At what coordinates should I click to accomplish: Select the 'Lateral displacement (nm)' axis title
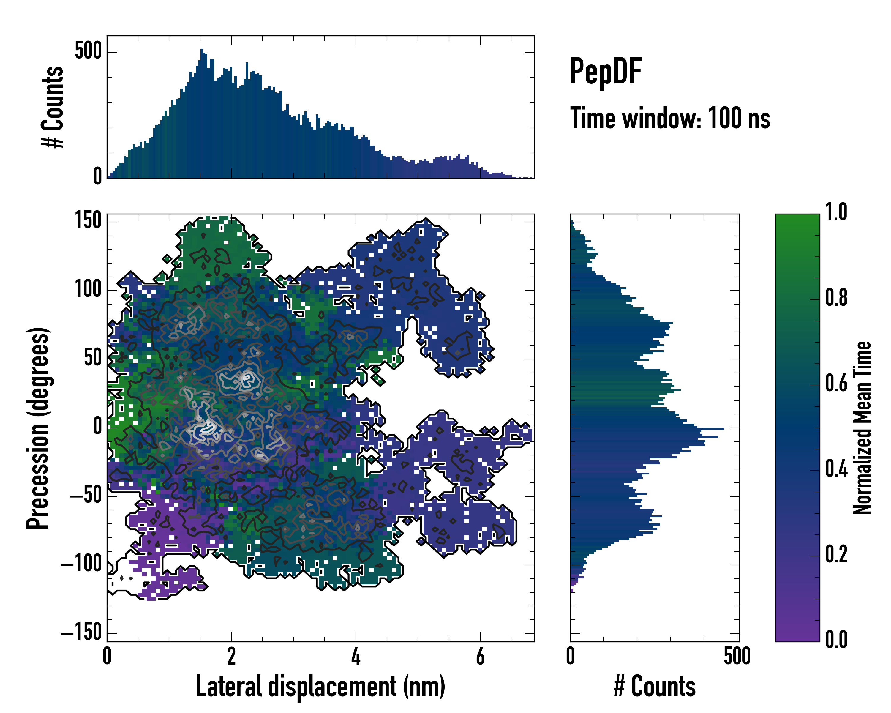320,687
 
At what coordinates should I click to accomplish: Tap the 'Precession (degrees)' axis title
38,428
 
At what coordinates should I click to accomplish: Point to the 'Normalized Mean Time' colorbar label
861,428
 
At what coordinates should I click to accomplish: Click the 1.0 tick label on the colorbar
836,212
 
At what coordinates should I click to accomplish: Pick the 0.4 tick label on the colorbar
836,470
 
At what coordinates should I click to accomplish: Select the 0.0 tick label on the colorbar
836,639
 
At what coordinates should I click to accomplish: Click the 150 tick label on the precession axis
88,220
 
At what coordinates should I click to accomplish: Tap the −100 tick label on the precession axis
81,564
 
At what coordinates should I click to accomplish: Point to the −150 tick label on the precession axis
81,632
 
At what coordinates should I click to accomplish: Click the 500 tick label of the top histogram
88,51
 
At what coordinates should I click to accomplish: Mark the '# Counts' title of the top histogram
53,107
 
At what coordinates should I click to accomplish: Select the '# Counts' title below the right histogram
655,687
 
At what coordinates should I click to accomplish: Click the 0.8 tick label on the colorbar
836,298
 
